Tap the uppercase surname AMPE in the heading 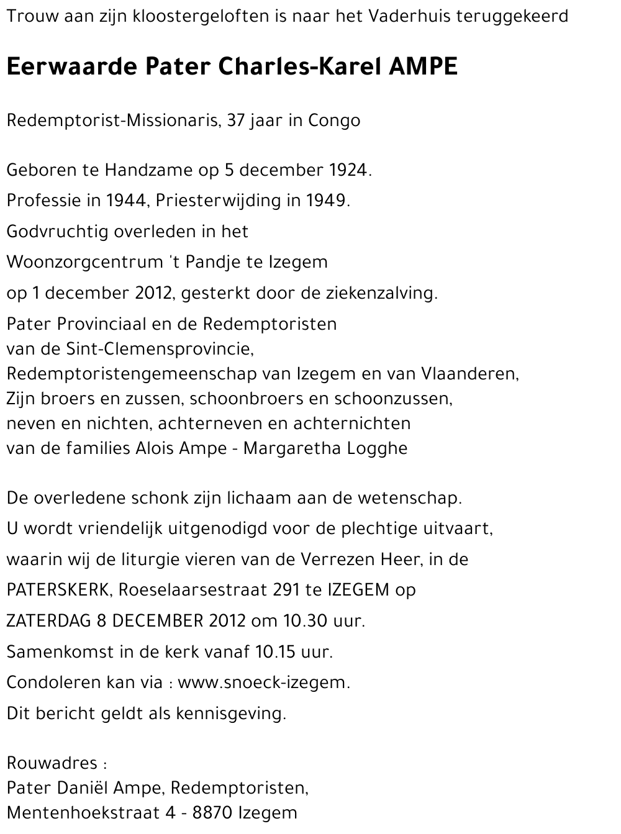[423, 66]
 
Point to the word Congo [334, 120]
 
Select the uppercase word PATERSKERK [58, 590]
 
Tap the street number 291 [287, 590]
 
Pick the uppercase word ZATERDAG [48, 621]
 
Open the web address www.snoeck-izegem [263, 683]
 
